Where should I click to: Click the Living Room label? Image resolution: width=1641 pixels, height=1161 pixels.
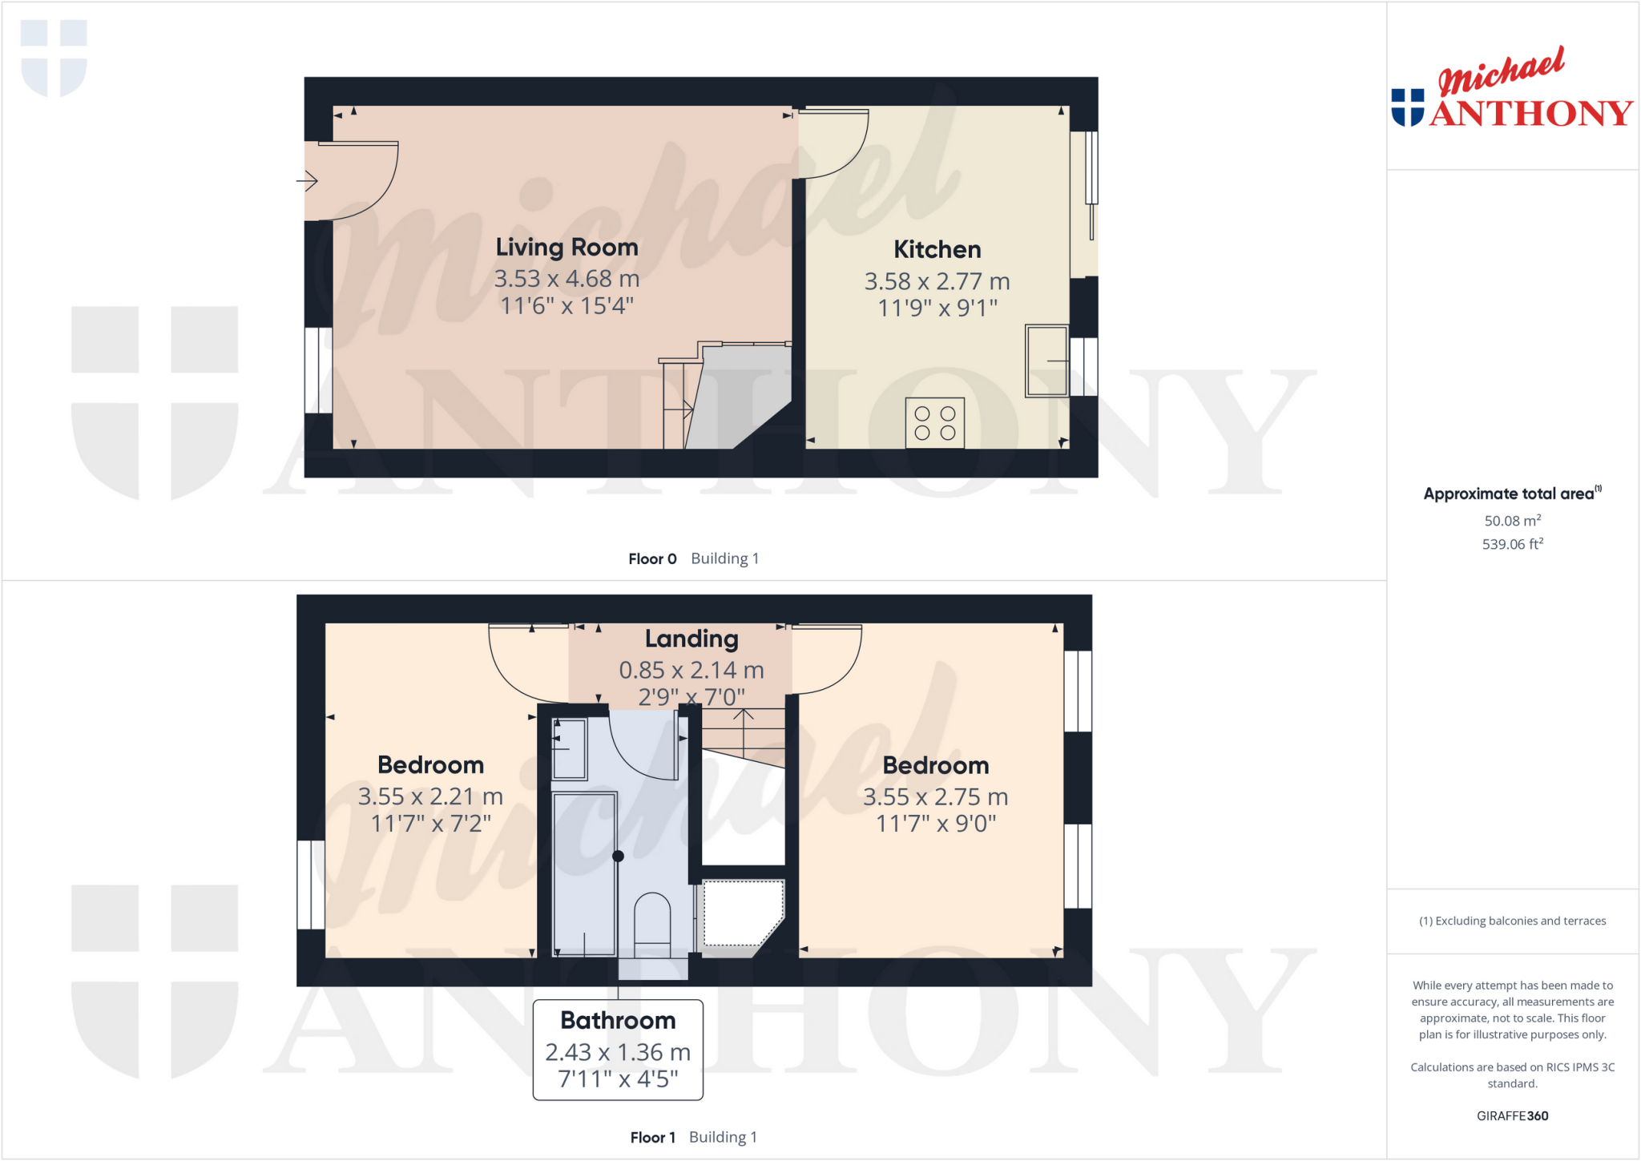coord(566,248)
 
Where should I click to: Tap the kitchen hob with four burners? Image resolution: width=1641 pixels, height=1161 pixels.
coord(934,423)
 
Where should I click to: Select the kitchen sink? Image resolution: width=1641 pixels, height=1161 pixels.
coord(1046,361)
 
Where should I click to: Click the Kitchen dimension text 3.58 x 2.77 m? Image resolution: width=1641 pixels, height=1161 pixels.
coord(937,281)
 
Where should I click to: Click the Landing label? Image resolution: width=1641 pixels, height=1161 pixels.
coord(691,639)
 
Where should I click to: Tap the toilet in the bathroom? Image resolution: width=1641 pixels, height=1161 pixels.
coord(652,921)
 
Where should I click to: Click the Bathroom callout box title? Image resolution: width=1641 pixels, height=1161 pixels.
coord(618,1020)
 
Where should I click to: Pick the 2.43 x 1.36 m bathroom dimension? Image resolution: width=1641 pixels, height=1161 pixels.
coord(618,1052)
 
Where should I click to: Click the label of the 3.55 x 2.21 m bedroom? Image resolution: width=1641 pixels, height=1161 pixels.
coord(430,765)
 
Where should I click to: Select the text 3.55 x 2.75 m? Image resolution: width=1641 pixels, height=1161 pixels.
coord(935,797)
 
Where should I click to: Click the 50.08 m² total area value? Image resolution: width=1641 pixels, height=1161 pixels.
coord(1512,521)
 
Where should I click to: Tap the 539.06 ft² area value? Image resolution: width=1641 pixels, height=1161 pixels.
coord(1512,544)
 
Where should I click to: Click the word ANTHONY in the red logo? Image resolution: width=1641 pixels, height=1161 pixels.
coord(1530,114)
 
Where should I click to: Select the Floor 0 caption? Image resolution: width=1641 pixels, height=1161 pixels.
coord(652,558)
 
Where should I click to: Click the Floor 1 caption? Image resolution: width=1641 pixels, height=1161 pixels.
coord(652,1137)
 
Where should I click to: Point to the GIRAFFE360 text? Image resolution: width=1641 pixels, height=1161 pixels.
coord(1512,1115)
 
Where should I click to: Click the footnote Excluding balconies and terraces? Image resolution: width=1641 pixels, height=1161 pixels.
coord(1512,921)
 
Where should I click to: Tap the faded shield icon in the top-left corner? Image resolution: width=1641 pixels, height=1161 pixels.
coord(54,58)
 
